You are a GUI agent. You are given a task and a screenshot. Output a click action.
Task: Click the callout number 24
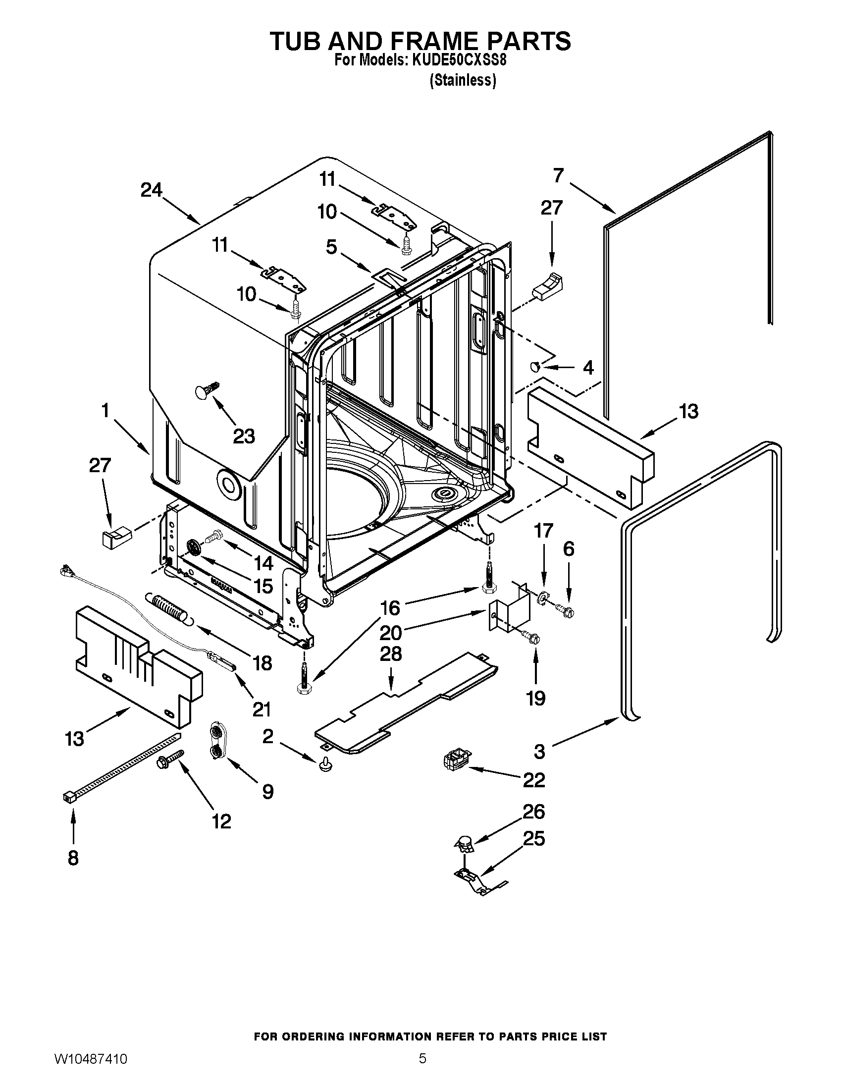coord(151,190)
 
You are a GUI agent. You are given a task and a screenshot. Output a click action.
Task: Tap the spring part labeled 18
coord(168,607)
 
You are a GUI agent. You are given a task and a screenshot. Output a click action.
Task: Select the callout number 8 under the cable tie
coord(73,858)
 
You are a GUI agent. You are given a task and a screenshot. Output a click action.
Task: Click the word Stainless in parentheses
coord(463,80)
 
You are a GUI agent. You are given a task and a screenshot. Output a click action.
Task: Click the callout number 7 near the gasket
coord(558,175)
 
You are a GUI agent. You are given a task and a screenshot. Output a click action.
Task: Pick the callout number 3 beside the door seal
coord(539,752)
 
